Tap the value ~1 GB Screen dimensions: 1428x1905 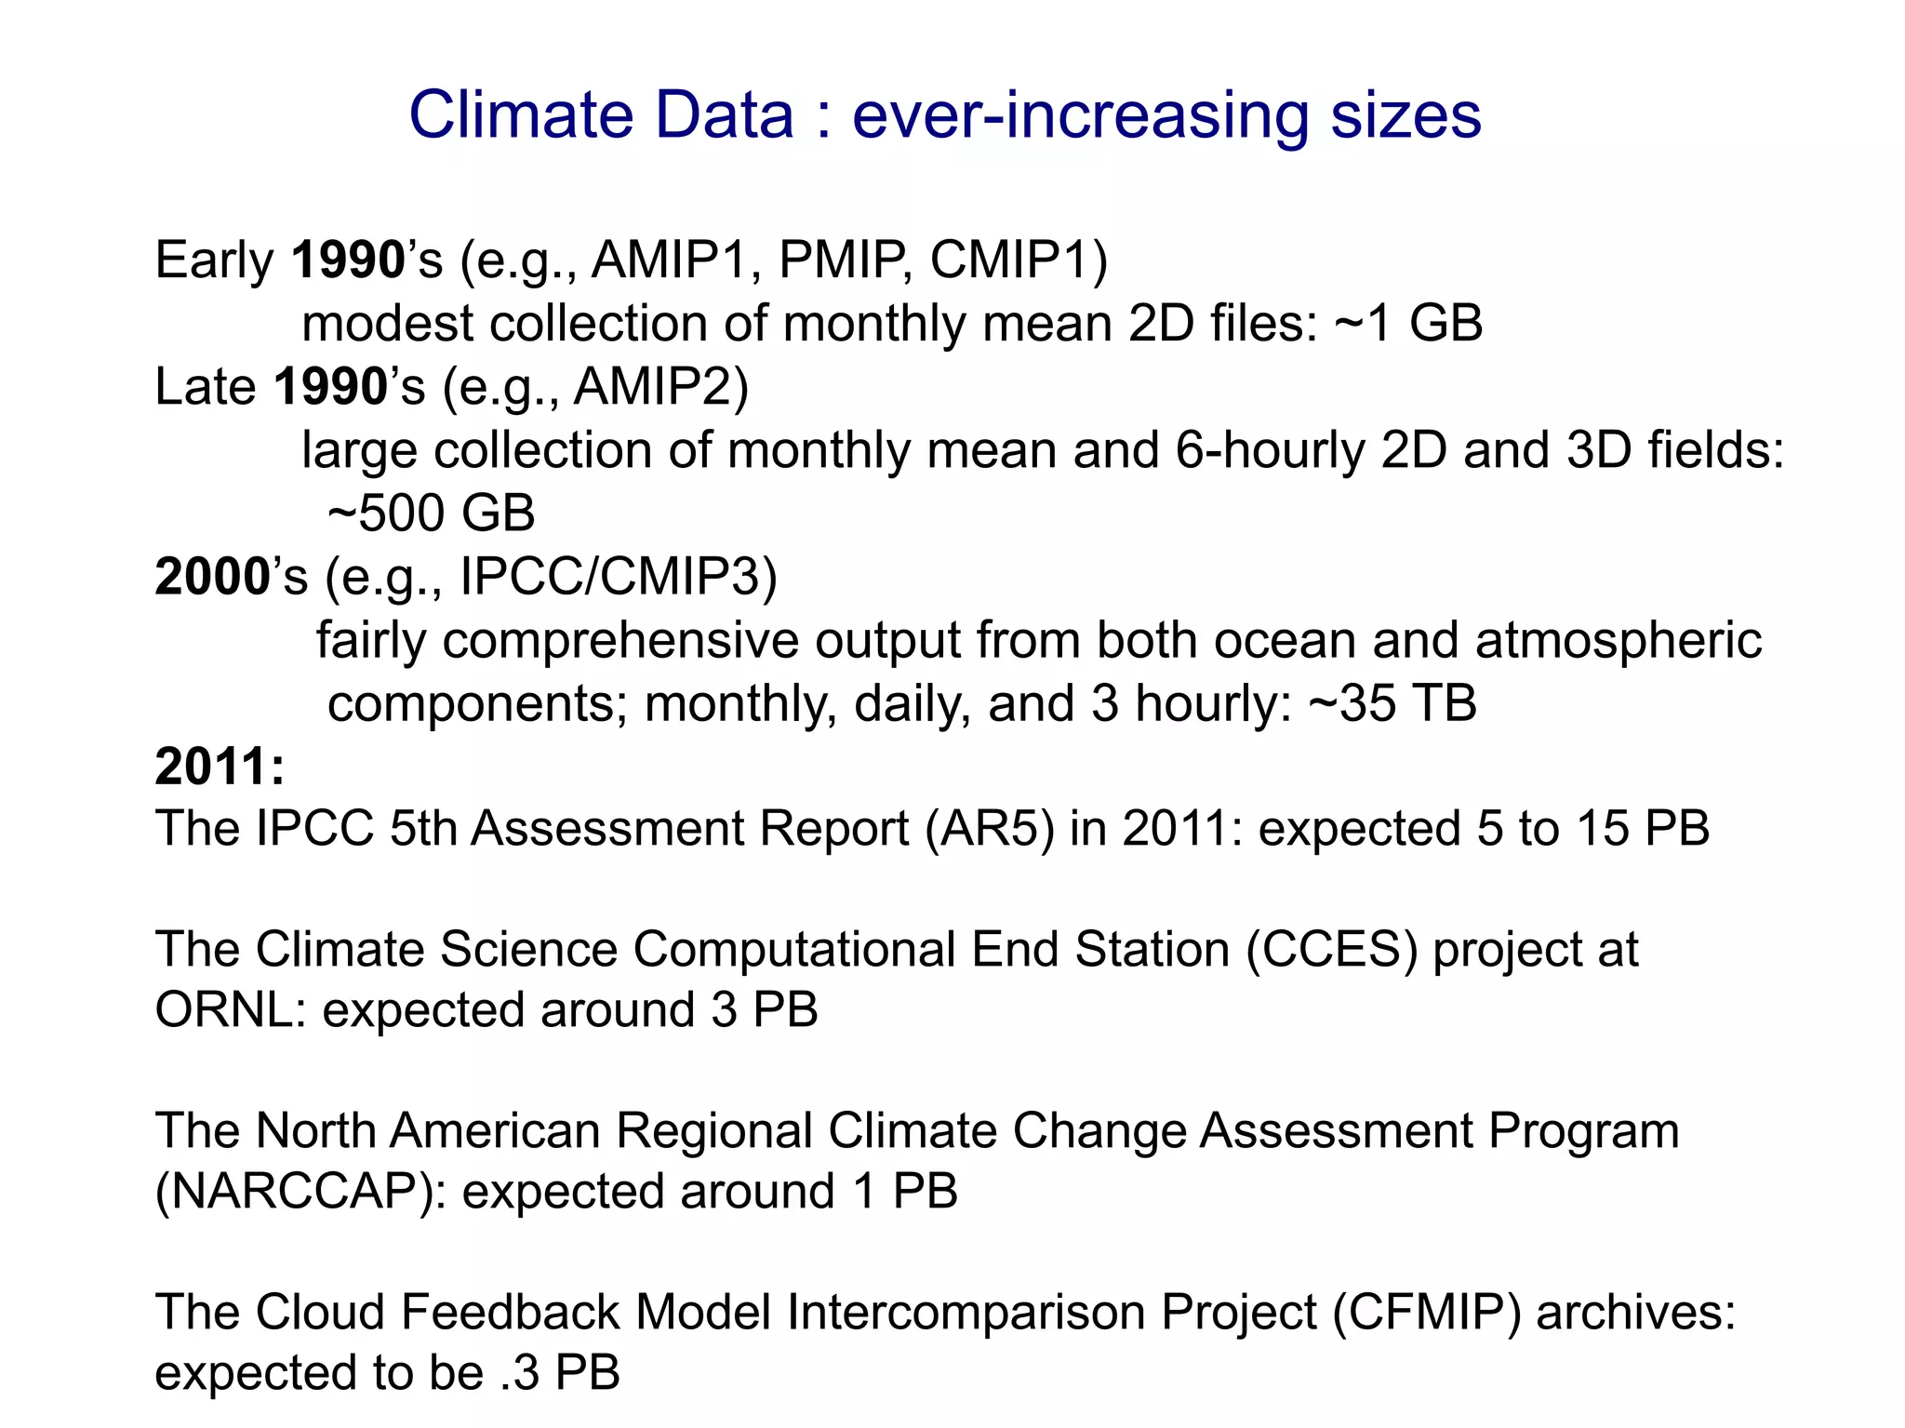[1408, 324]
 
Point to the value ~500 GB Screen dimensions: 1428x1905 [432, 514]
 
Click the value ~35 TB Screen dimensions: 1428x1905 [1392, 703]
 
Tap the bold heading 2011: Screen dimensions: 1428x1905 [220, 767]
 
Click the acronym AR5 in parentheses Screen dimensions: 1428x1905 [990, 828]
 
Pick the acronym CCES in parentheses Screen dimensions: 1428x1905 [1332, 950]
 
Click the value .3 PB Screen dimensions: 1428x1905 [559, 1373]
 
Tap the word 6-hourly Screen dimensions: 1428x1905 [1270, 451]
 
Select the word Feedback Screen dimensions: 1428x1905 [511, 1313]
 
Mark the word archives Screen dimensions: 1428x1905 [1634, 1313]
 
